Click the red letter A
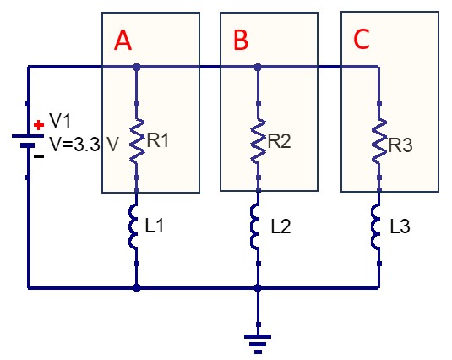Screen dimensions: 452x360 pyautogui.click(x=123, y=41)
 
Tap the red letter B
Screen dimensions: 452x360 pyautogui.click(x=241, y=40)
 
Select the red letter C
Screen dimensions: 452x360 pyautogui.click(x=362, y=39)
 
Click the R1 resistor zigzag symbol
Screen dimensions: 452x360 pyautogui.click(x=137, y=140)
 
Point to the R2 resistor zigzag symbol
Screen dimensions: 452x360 pyautogui.click(x=259, y=140)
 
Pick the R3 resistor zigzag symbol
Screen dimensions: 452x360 pyautogui.click(x=379, y=140)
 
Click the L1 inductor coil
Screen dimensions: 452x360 pyautogui.click(x=133, y=226)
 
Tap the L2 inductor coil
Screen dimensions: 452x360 pyautogui.click(x=255, y=226)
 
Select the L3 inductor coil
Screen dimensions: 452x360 pyautogui.click(x=376, y=226)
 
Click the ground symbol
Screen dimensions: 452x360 pyautogui.click(x=258, y=344)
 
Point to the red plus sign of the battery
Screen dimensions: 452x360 pyautogui.click(x=39, y=125)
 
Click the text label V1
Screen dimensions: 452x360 pyautogui.click(x=60, y=120)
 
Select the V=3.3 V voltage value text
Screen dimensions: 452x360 pyautogui.click(x=84, y=145)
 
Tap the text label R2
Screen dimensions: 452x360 pyautogui.click(x=280, y=141)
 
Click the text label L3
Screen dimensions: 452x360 pyautogui.click(x=400, y=226)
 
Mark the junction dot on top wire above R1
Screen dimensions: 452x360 pyautogui.click(x=137, y=68)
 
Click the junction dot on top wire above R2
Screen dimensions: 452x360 pyautogui.click(x=258, y=68)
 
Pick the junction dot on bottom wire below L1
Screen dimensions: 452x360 pyautogui.click(x=137, y=287)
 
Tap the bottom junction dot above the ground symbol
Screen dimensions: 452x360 pyautogui.click(x=258, y=287)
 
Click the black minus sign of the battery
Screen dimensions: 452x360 pyautogui.click(x=39, y=156)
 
